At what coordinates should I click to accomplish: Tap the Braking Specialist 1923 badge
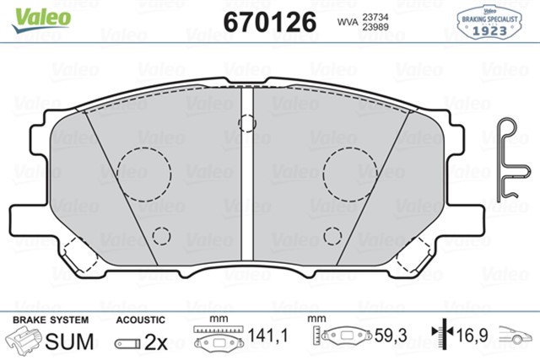click(490, 21)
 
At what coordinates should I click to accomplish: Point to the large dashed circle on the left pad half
click(143, 174)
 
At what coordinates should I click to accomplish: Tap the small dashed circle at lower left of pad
click(159, 236)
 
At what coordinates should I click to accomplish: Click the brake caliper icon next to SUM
click(24, 341)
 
